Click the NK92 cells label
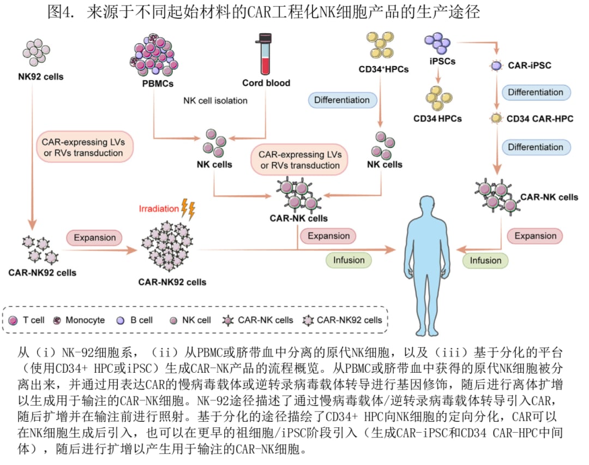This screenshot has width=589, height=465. pos(40,76)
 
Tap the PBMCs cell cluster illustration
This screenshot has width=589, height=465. pos(154,57)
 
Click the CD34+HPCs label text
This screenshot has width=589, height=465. pos(383,69)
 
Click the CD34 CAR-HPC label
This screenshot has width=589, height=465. pos(539,118)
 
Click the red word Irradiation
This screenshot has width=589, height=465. pos(159,208)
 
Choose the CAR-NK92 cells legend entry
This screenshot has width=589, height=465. pos(343,320)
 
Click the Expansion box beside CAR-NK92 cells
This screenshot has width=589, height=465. pos(95,238)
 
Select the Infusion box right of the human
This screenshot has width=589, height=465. pos(485,260)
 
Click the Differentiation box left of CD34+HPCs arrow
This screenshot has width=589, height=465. pos(341,100)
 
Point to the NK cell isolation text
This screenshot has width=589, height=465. pos(215,100)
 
